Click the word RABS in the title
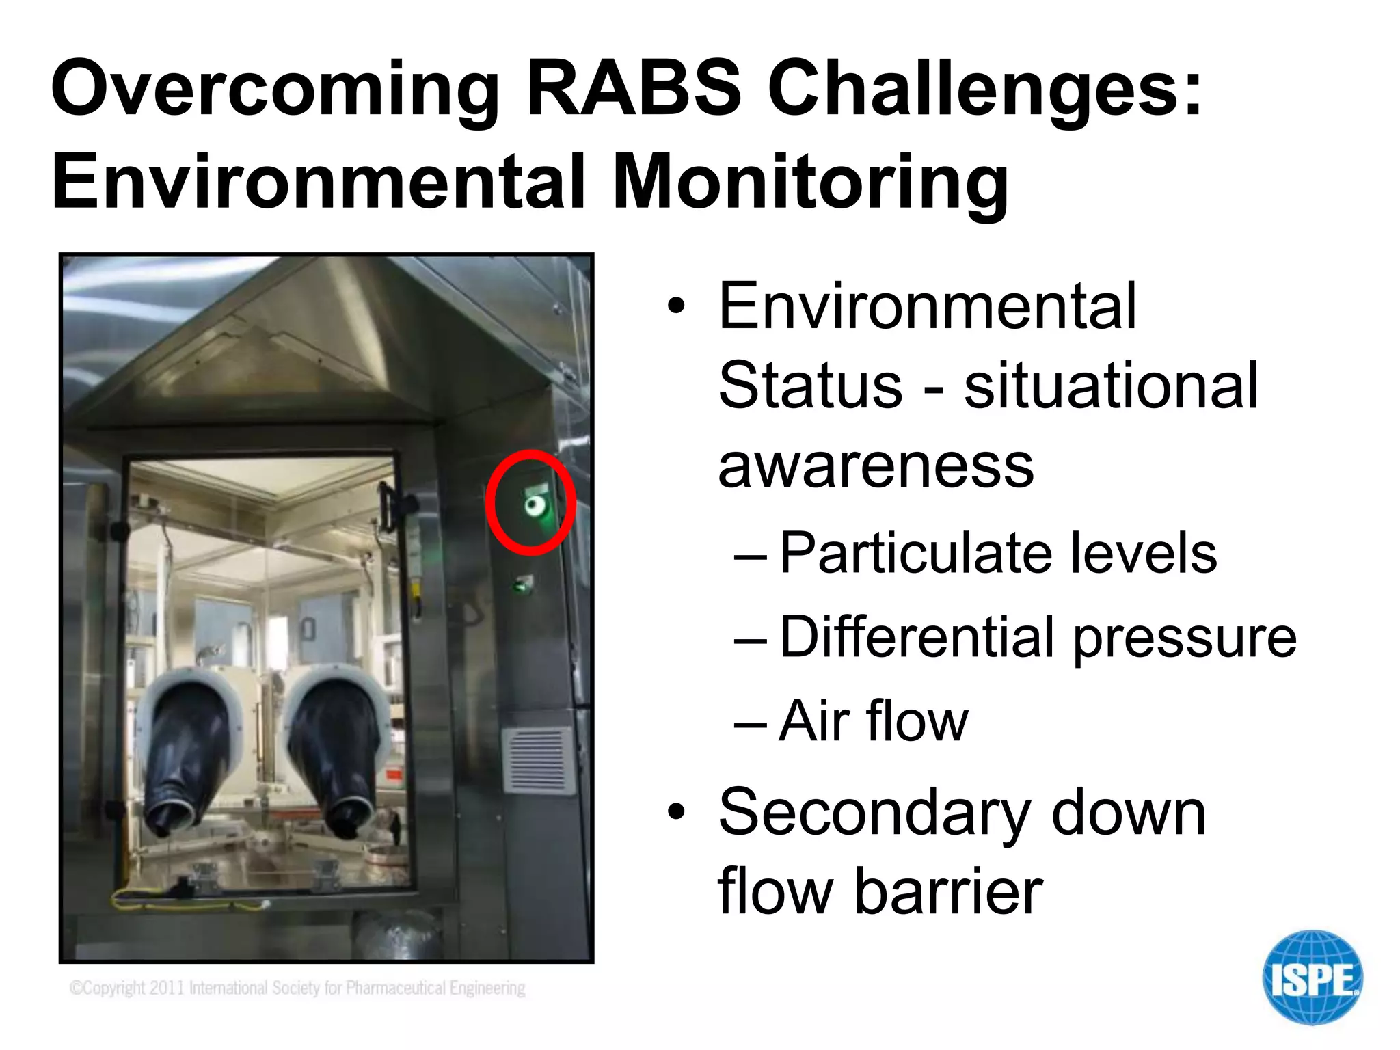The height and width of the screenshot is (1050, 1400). click(634, 89)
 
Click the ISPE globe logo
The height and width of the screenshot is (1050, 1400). click(1312, 978)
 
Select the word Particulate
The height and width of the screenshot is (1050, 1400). click(915, 553)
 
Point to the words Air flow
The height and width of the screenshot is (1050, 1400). click(873, 721)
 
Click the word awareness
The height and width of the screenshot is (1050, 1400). click(876, 466)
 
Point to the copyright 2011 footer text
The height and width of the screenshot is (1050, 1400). click(297, 988)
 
